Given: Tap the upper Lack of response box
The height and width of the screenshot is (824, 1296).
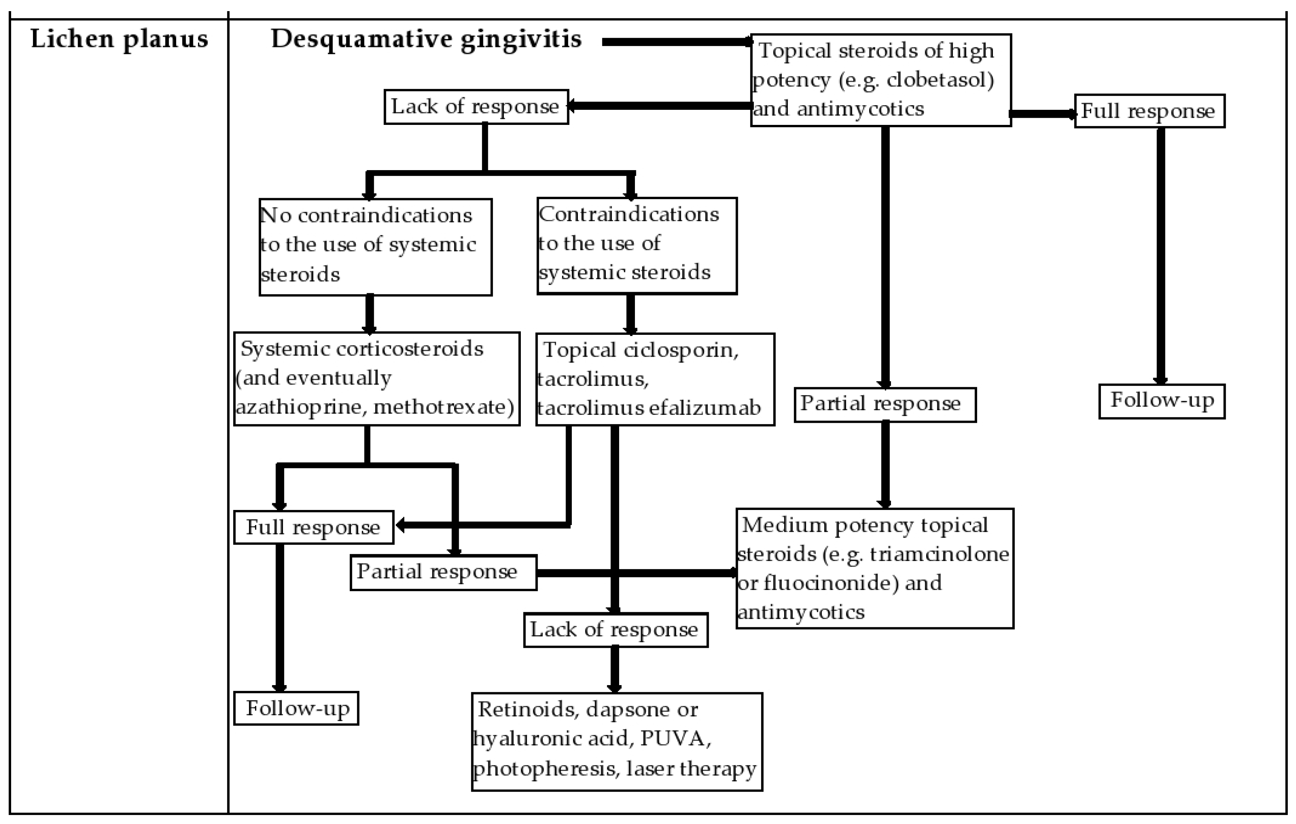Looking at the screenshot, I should coord(476,107).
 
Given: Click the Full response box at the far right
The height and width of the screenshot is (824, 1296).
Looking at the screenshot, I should coord(1149,111).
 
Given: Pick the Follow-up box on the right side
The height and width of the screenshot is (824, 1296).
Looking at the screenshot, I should coord(1161,401).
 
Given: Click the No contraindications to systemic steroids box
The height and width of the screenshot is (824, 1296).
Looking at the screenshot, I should coord(375,246).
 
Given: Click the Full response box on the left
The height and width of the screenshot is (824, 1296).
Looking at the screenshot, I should coord(313,527).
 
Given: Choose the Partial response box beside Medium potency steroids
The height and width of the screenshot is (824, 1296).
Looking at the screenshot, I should coord(443,572).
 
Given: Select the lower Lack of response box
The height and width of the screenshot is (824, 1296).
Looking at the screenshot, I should coord(615,629).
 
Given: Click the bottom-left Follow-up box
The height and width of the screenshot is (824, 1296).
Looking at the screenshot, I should coord(296,708).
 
